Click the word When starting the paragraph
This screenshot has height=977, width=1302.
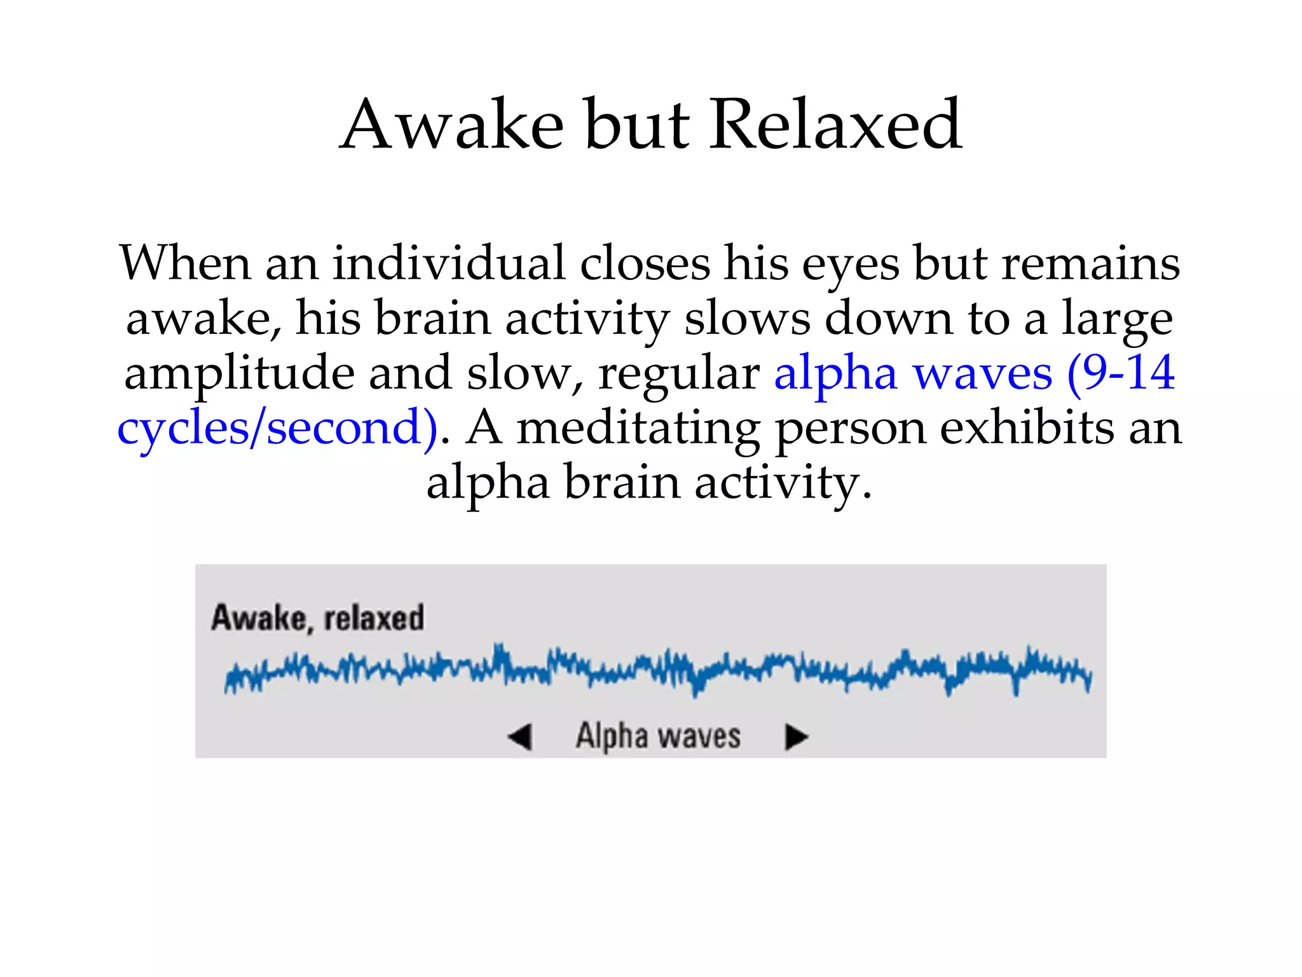click(x=185, y=263)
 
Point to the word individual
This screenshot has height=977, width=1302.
click(x=449, y=263)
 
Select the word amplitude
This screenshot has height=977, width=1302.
click(x=239, y=375)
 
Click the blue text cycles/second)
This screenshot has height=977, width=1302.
click(x=278, y=429)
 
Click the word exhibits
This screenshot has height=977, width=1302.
click(x=1027, y=427)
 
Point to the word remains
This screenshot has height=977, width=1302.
click(x=1091, y=263)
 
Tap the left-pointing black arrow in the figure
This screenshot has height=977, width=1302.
click(x=519, y=737)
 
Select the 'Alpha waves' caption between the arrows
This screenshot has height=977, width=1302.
click(x=658, y=736)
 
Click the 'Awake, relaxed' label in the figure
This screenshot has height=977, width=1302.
click(x=317, y=618)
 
